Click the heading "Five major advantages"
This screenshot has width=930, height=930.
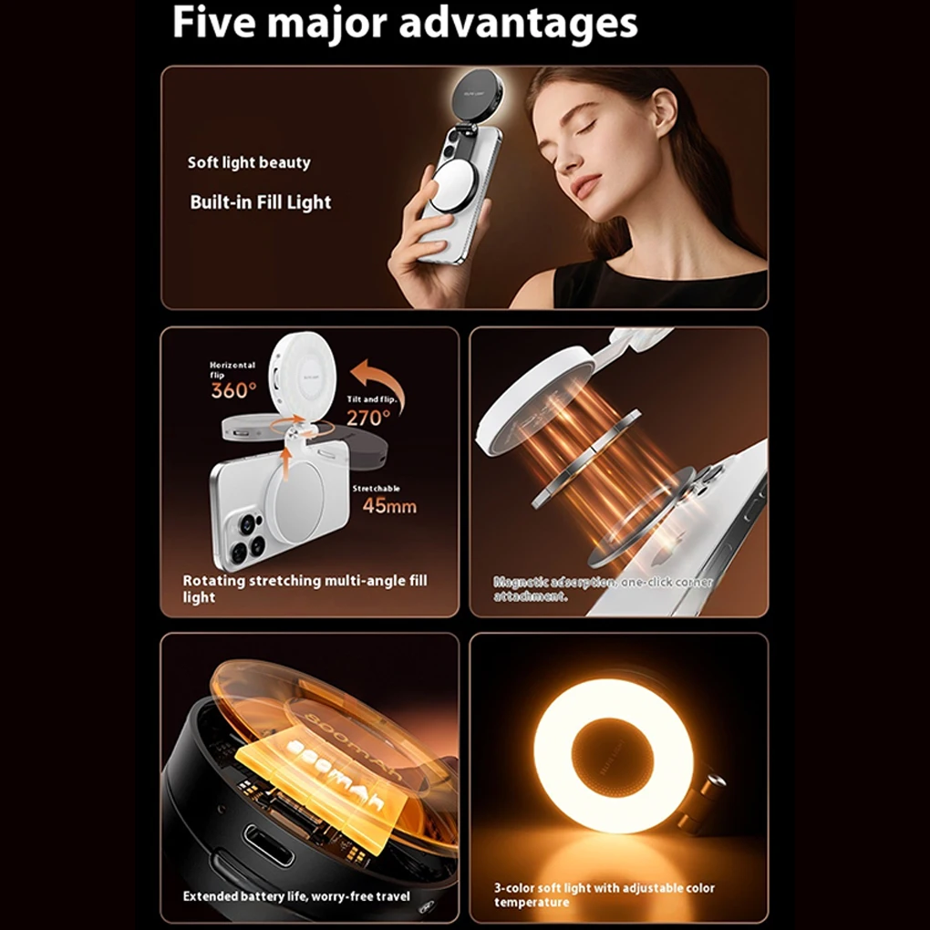405,24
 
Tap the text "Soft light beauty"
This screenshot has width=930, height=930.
249,163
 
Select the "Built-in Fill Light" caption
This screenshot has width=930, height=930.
260,202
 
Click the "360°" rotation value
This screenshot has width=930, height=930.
233,391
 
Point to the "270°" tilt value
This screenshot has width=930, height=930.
367,418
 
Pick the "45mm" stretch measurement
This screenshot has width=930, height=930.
389,506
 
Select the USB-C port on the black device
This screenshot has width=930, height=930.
269,845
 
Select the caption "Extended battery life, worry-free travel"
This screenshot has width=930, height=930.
296,896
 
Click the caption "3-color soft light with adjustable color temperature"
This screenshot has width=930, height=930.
604,894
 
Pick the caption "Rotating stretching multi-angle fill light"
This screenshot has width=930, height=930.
304,589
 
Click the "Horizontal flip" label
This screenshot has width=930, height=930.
232,369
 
